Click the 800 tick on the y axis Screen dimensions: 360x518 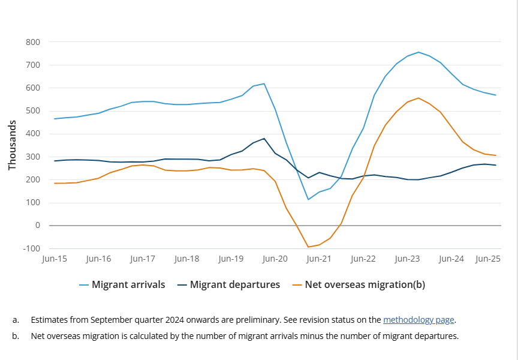[x=32, y=42]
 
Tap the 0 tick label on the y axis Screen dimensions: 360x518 [x=37, y=226]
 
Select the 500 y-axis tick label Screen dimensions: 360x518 [x=32, y=111]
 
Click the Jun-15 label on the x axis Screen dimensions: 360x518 [x=54, y=259]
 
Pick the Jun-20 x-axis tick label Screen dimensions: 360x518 [x=275, y=259]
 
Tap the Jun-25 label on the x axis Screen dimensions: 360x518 [x=488, y=259]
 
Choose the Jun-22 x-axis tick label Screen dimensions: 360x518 [x=363, y=259]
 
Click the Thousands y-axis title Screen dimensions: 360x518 [x=12, y=145]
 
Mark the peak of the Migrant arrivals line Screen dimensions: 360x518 [x=418, y=52]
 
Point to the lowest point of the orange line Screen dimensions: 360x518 [x=308, y=247]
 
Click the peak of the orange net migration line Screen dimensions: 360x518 [x=418, y=98]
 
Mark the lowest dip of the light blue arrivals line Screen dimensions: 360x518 [x=308, y=199]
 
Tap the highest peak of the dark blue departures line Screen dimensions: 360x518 [x=264, y=139]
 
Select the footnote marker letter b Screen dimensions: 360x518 [x=15, y=336]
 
